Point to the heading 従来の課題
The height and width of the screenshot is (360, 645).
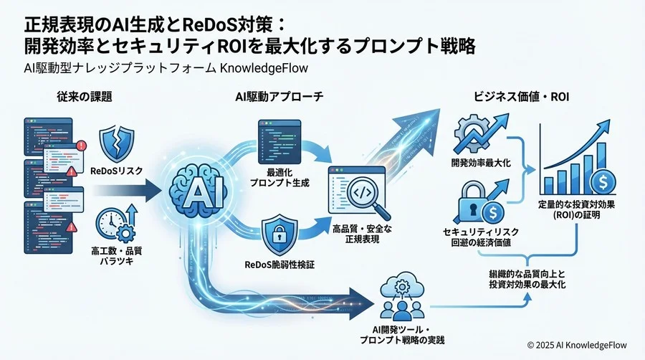pos(82,95)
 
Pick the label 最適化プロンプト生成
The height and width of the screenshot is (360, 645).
pos(277,179)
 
